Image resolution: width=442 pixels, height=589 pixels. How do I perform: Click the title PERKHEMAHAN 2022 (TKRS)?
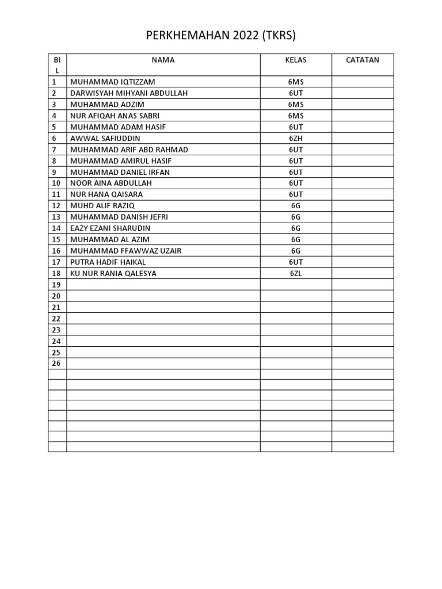(221, 36)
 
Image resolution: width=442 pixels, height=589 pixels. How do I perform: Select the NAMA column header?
(163, 60)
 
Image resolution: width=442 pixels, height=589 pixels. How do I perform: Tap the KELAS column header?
(296, 60)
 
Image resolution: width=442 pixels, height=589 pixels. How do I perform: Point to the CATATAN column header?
(363, 60)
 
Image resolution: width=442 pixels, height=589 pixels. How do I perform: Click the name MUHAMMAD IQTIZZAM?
(113, 82)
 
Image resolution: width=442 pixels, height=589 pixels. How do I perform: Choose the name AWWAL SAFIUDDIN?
(105, 139)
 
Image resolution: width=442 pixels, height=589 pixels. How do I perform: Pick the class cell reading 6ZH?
(296, 139)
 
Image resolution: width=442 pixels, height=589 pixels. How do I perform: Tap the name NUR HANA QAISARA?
(106, 194)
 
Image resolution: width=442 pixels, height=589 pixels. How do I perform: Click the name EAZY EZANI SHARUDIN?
(110, 228)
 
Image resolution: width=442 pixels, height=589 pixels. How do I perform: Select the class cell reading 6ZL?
(296, 274)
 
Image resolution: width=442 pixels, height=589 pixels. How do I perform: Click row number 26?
(56, 364)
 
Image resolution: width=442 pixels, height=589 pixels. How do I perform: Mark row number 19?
(56, 285)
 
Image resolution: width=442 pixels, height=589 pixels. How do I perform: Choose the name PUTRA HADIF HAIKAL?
(108, 262)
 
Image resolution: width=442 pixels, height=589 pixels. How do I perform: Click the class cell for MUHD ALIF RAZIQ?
(296, 206)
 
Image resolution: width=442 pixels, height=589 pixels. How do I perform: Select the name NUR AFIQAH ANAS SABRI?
(115, 116)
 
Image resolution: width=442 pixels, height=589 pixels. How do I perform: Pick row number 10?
(56, 183)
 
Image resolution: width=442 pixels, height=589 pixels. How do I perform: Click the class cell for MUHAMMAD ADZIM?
(296, 105)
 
